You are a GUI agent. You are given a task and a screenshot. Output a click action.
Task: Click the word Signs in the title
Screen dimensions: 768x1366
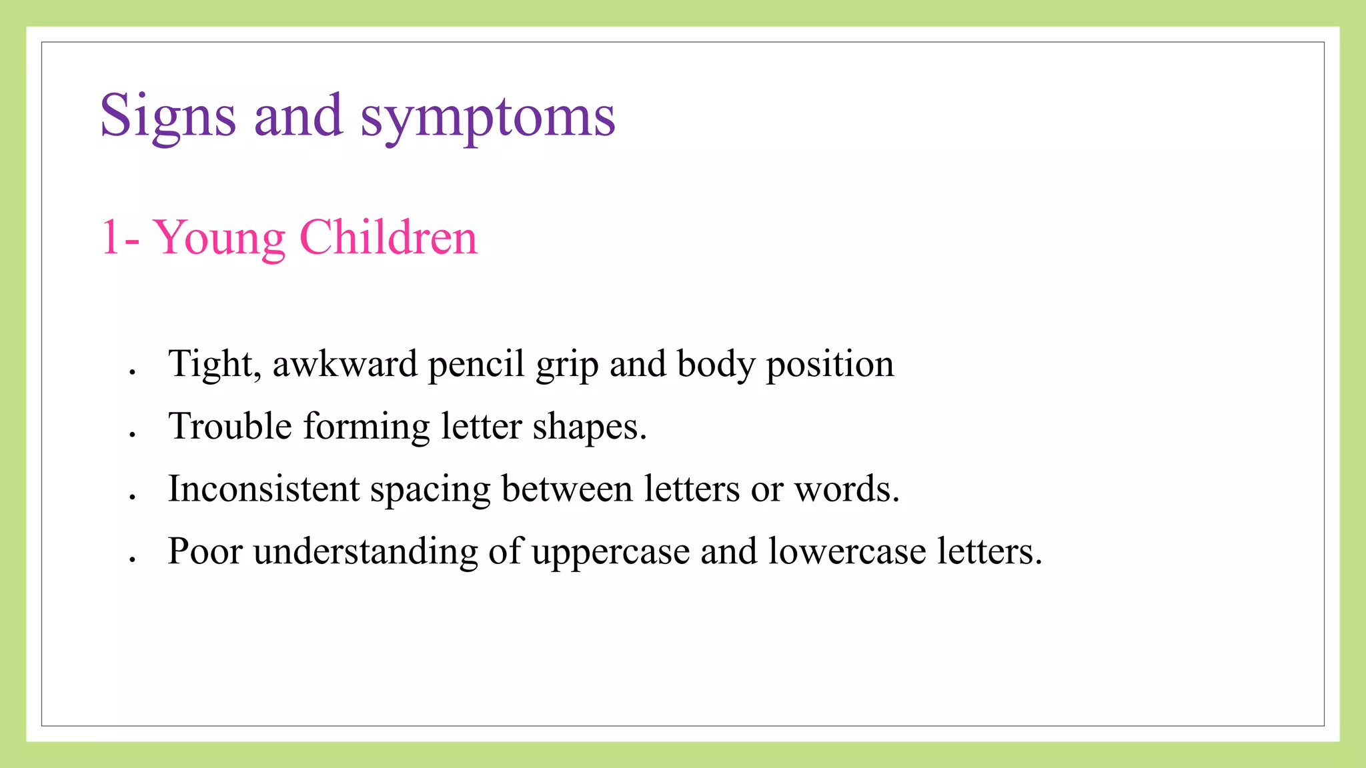click(x=167, y=116)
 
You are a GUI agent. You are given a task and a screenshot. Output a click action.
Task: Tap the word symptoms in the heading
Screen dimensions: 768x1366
click(x=488, y=117)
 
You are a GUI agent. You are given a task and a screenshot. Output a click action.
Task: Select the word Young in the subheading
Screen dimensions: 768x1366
click(x=219, y=238)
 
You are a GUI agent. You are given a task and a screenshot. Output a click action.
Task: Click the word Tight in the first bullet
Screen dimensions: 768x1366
click(x=214, y=364)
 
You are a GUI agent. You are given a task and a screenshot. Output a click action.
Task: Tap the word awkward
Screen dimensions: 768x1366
click(x=345, y=364)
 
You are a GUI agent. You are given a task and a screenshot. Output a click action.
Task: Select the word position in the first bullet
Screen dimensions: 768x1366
click(x=830, y=365)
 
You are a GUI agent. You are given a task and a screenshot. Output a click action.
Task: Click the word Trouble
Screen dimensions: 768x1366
click(x=230, y=426)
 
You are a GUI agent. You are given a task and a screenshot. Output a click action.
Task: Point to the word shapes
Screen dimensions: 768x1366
click(x=588, y=427)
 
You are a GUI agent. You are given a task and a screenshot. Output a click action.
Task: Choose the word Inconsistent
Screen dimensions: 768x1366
click(x=263, y=489)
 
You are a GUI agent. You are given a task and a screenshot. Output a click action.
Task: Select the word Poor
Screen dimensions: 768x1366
click(x=205, y=551)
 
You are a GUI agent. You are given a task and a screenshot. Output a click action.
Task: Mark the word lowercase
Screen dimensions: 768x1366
click(x=846, y=551)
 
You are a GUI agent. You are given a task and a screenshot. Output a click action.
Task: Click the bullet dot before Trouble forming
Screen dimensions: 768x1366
click(x=133, y=434)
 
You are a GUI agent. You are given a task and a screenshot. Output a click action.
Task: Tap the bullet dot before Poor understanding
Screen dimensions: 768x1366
click(x=133, y=559)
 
